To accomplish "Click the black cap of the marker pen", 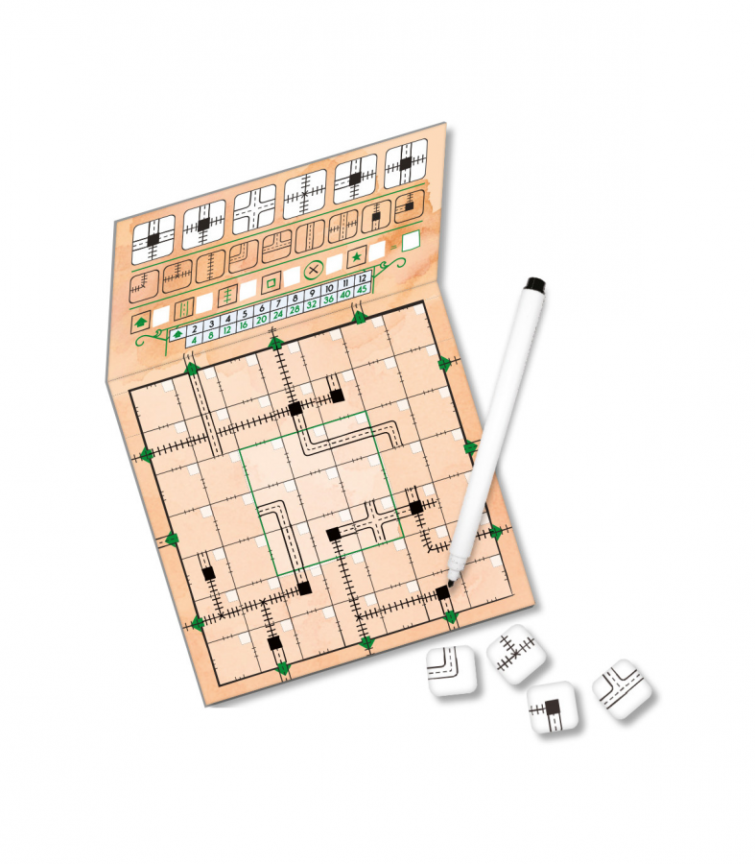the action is click(535, 284).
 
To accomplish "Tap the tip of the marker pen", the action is click(451, 583).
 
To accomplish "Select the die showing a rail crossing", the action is click(515, 654).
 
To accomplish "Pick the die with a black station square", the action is click(553, 708).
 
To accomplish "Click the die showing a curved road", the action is click(452, 671).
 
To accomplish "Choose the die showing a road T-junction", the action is click(622, 688).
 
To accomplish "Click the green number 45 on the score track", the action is click(362, 289).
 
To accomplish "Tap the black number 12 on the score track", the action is click(362, 278).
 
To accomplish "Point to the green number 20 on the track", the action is click(261, 319).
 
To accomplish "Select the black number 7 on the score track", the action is click(278, 303).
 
